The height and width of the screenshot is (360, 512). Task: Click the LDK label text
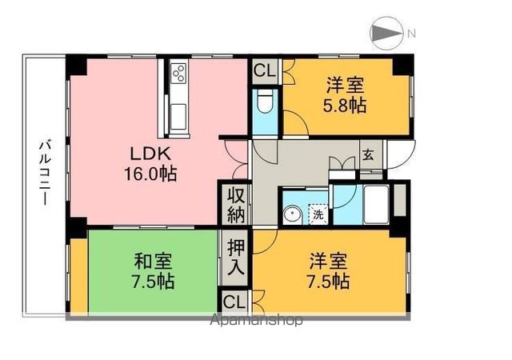pyautogui.click(x=149, y=154)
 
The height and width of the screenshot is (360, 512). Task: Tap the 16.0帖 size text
pyautogui.click(x=150, y=172)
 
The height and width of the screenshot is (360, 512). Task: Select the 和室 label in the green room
pyautogui.click(x=151, y=261)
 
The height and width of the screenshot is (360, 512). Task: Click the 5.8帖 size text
pyautogui.click(x=346, y=104)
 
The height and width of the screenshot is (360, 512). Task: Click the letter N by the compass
pyautogui.click(x=411, y=33)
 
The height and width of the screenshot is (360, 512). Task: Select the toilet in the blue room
pyautogui.click(x=265, y=102)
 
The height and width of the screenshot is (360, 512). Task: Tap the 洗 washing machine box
pyautogui.click(x=317, y=214)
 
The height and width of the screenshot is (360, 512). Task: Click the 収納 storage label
pyautogui.click(x=235, y=206)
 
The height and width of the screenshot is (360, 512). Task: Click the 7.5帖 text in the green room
pyautogui.click(x=151, y=281)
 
